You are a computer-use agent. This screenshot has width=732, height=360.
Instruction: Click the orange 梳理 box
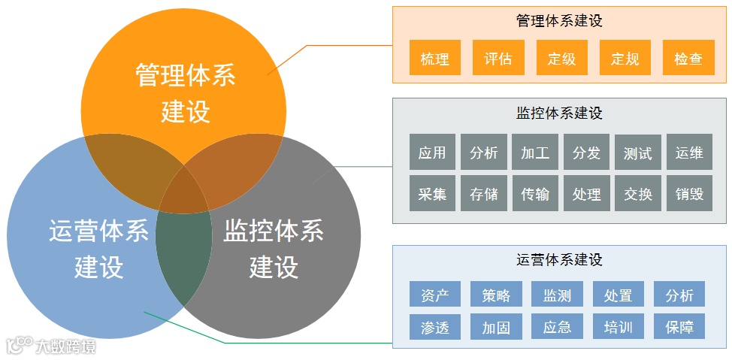pyautogui.click(x=435, y=58)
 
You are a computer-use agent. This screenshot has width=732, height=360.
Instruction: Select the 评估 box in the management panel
pyautogui.click(x=498, y=58)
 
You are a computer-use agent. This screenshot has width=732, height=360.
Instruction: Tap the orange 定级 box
pyautogui.click(x=561, y=58)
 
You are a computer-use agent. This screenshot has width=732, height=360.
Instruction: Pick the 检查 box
pyautogui.click(x=688, y=58)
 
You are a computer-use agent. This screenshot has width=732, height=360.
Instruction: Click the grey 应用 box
pyautogui.click(x=432, y=153)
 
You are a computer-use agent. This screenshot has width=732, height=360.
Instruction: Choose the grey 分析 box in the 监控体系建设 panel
pyautogui.click(x=483, y=153)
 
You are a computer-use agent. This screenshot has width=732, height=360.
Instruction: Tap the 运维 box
pyautogui.click(x=689, y=153)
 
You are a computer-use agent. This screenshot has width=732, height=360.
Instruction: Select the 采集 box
pyautogui.click(x=432, y=193)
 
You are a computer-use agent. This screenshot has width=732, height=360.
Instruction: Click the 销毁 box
pyautogui.click(x=689, y=193)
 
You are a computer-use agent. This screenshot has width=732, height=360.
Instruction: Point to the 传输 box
pyautogui.click(x=535, y=193)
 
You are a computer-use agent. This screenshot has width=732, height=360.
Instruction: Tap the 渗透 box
pyautogui.click(x=435, y=327)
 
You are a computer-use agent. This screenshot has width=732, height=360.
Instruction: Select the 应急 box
pyautogui.click(x=557, y=327)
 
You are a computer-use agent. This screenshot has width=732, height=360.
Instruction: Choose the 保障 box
pyautogui.click(x=679, y=327)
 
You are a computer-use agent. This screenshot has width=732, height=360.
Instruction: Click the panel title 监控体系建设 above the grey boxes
pyautogui.click(x=560, y=113)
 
